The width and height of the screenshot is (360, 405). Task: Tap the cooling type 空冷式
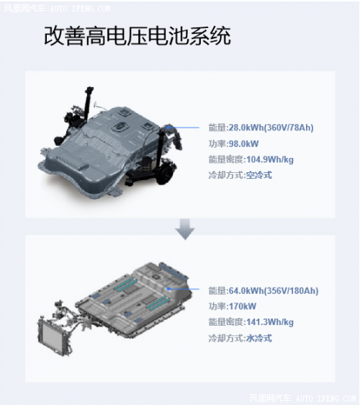[x=258, y=175]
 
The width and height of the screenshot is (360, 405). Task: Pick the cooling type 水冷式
[x=258, y=338]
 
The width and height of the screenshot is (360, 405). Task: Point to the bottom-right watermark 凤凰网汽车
[x=268, y=397]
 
